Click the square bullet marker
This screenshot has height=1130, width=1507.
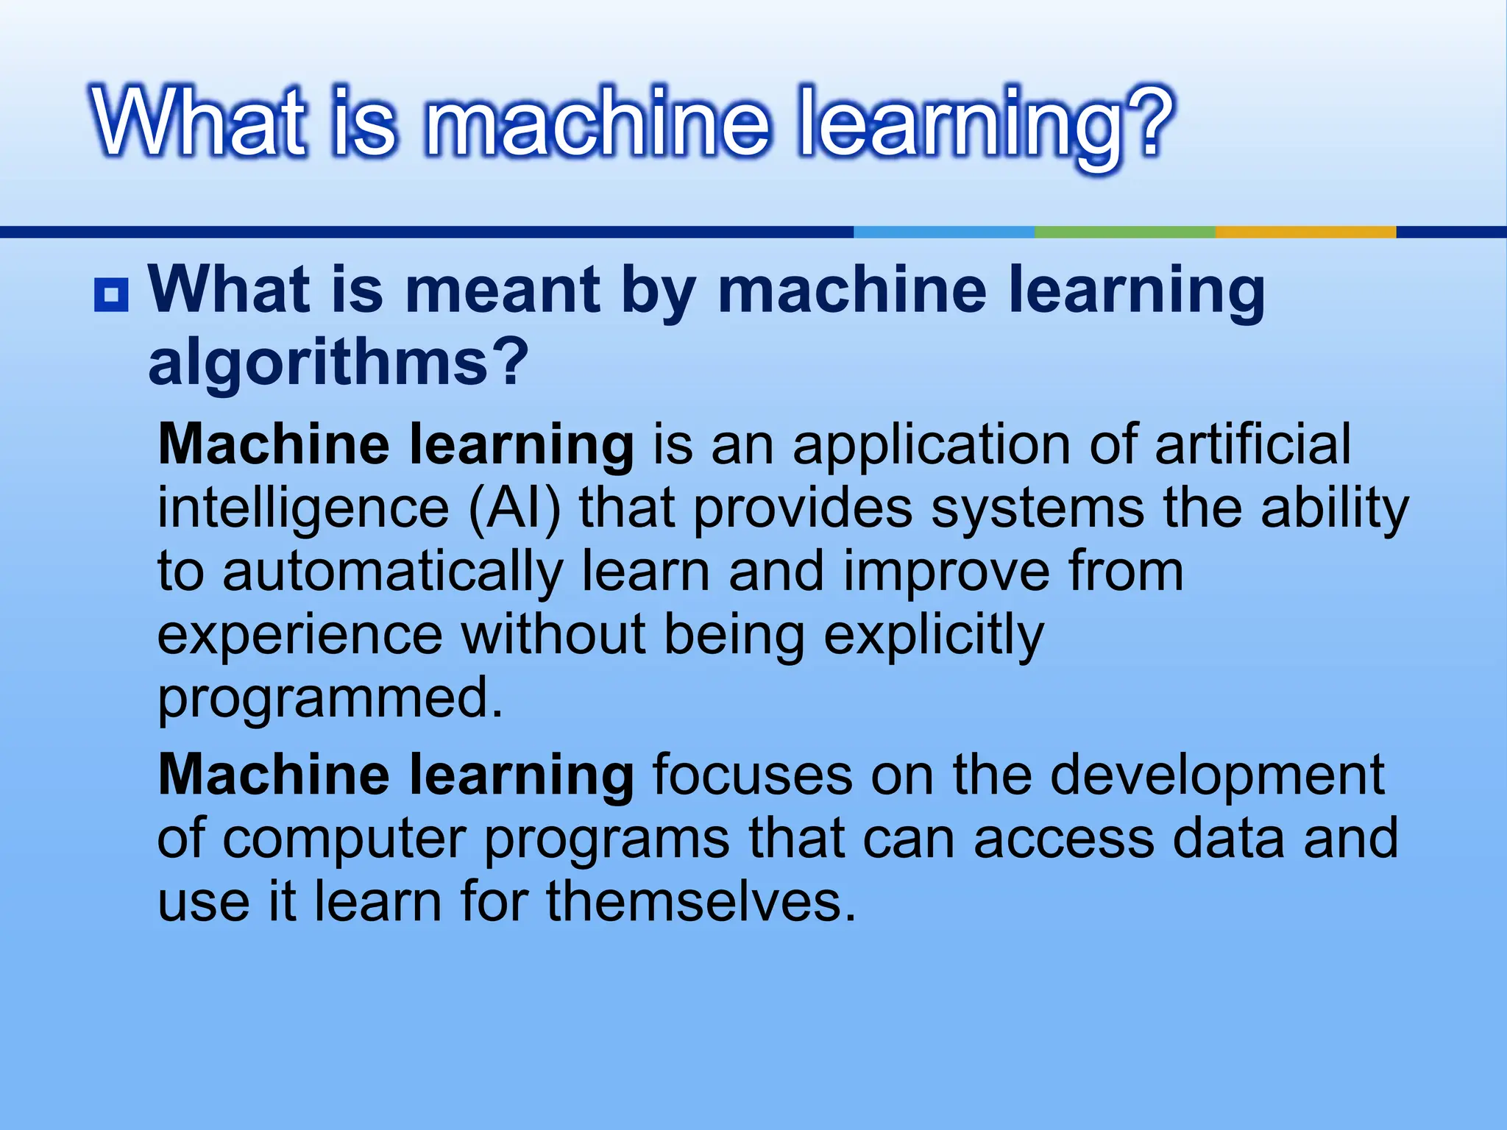[111, 295]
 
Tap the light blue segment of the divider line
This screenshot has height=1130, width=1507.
[944, 232]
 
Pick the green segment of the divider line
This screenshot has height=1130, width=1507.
[1124, 232]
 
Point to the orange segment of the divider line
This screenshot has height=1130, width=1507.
[1305, 232]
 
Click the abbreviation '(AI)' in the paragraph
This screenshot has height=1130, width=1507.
[514, 508]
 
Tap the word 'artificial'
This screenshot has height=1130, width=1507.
[1252, 444]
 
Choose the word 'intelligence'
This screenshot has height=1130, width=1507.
[303, 509]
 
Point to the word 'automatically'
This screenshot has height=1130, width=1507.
[393, 572]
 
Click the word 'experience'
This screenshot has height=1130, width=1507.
[300, 636]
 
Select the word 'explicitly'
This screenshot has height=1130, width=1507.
[933, 636]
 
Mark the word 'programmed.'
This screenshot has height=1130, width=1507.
[330, 698]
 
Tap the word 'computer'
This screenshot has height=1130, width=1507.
[344, 839]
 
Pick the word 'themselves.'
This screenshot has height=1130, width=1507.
[701, 902]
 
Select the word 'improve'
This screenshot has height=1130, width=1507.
[946, 572]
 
